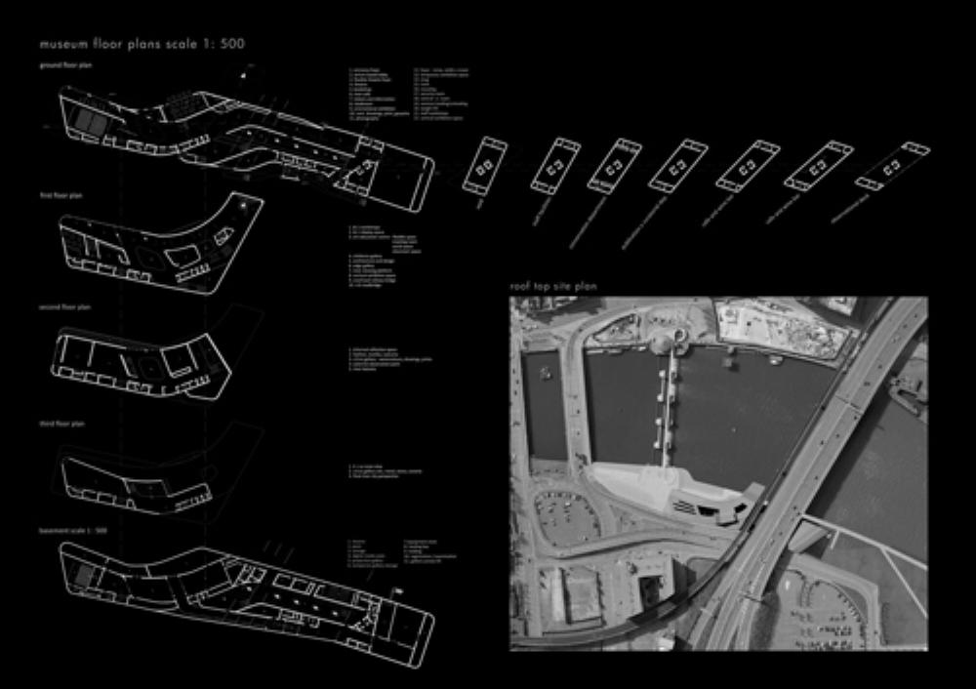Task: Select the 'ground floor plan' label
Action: coord(65,65)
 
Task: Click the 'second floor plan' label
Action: coord(63,306)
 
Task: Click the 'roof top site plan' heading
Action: coord(552,286)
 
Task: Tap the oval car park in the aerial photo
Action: coord(563,517)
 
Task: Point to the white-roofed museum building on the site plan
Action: coord(673,492)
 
